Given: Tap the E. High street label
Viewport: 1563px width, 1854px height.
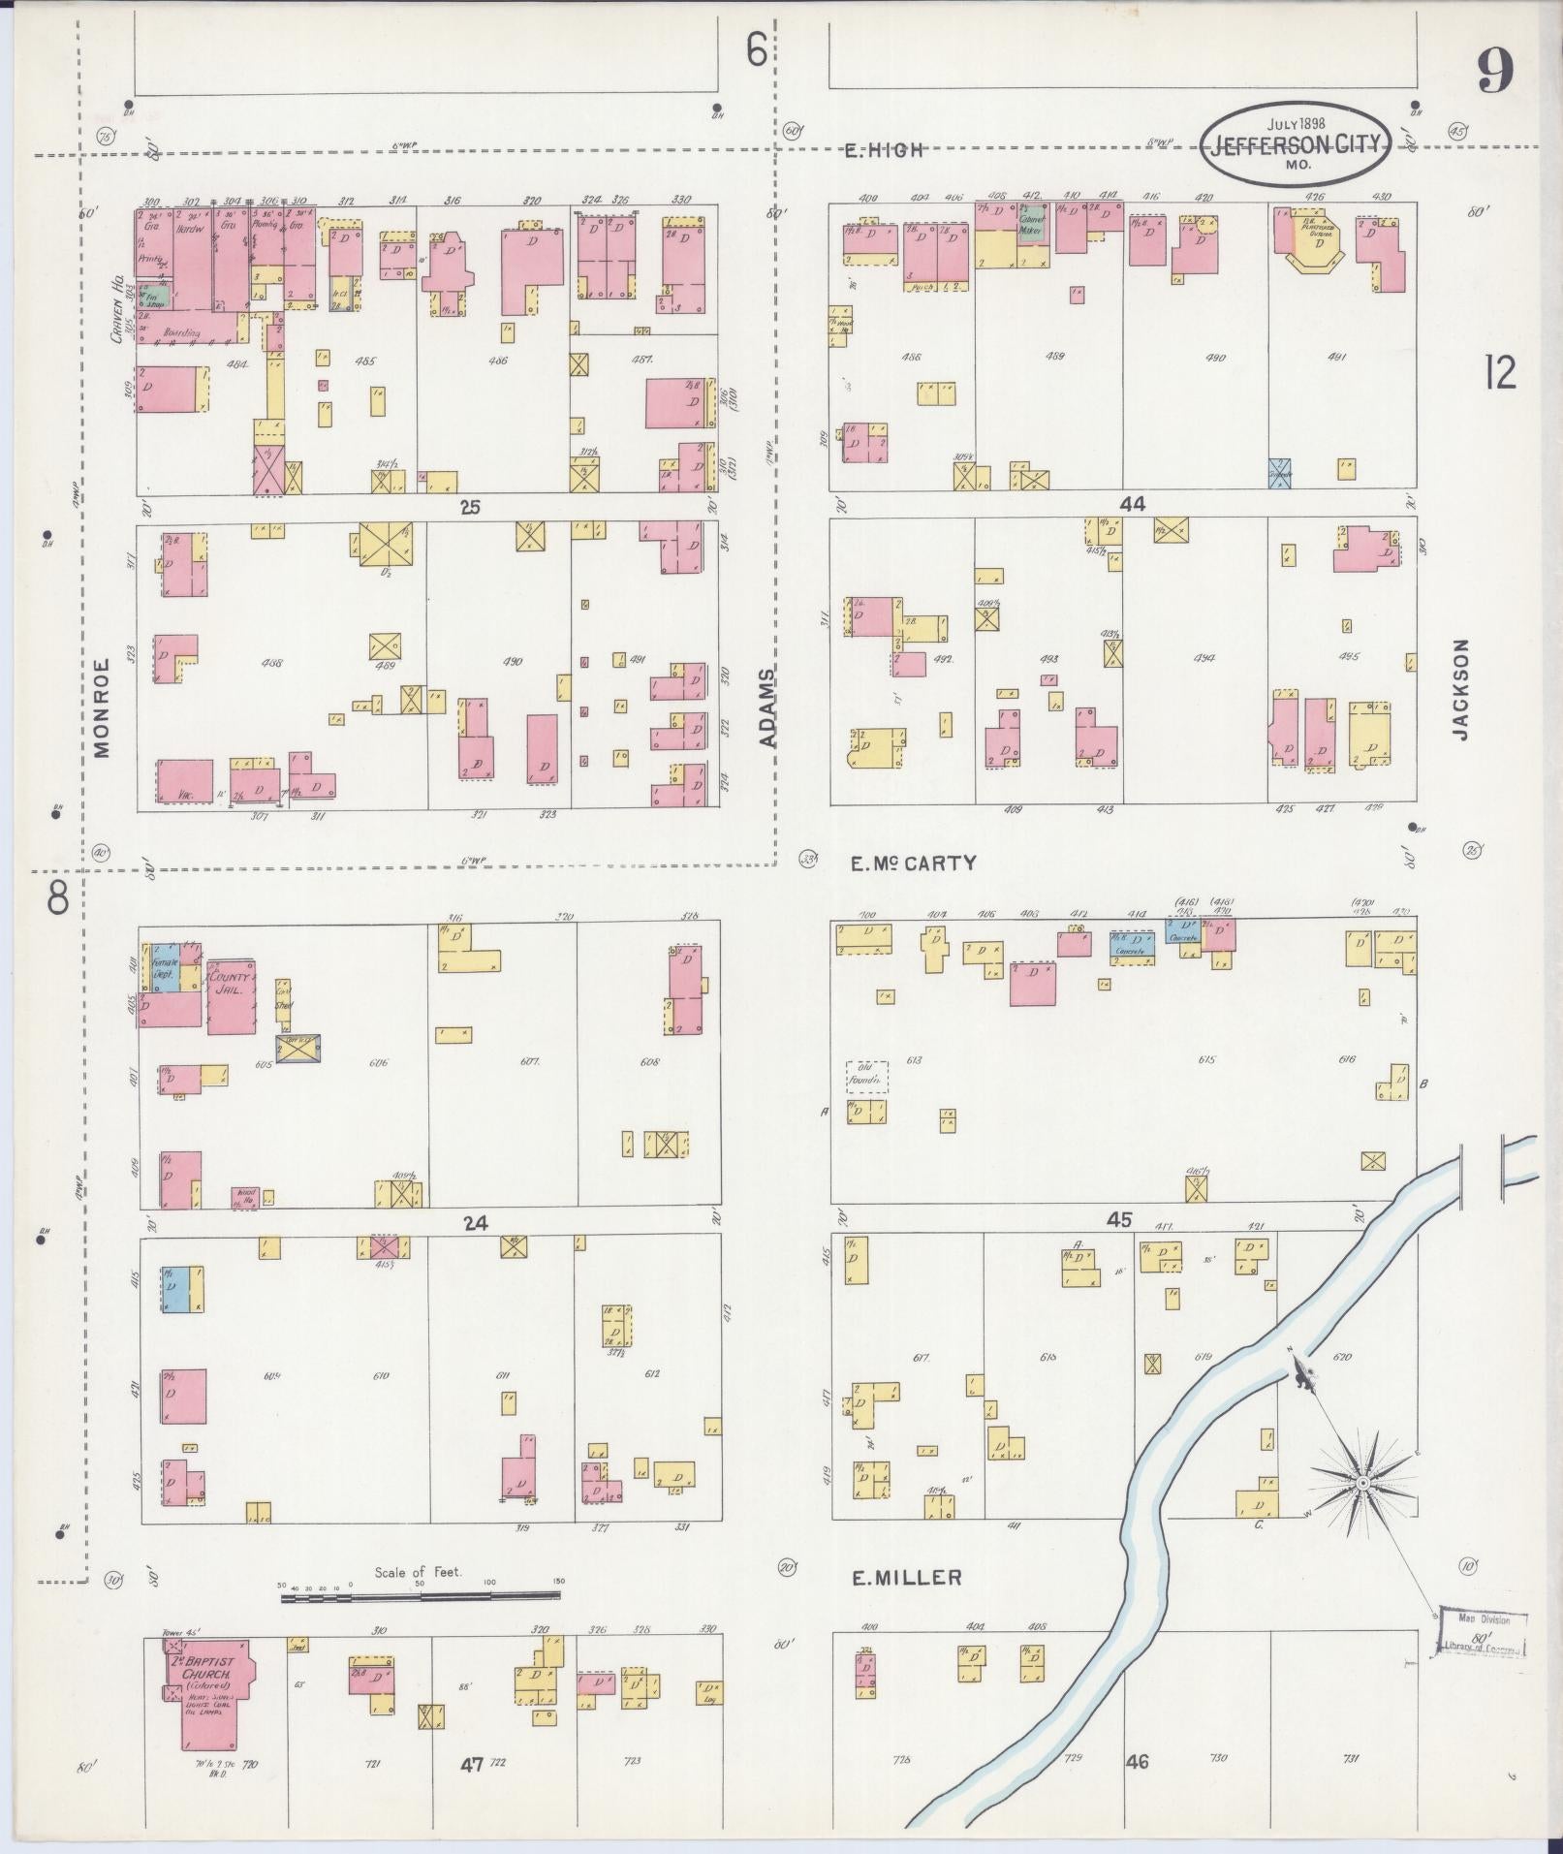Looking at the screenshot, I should coord(883,150).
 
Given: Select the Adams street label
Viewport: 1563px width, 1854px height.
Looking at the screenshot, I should coord(768,707).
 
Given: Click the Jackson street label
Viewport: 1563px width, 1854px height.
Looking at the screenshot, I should coord(1460,689).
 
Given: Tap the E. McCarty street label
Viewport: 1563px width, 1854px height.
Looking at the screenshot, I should coord(913,863).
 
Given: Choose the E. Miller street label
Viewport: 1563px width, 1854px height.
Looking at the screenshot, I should coord(907,1578).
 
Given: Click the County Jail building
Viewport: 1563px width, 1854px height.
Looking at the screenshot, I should coord(231,996).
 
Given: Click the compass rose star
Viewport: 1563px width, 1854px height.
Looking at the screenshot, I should coord(1362,1510).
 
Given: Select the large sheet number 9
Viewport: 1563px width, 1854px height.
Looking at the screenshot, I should coord(1495,71).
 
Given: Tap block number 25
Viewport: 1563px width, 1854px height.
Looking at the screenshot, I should coord(470,506).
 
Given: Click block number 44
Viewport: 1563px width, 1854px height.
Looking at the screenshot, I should coord(1132,504).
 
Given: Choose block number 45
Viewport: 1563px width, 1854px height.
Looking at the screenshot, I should coord(1119,1219).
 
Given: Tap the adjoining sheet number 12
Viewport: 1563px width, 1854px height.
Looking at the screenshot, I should coord(1499,372).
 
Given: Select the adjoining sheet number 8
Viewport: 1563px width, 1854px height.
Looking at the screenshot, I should coord(57,899).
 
